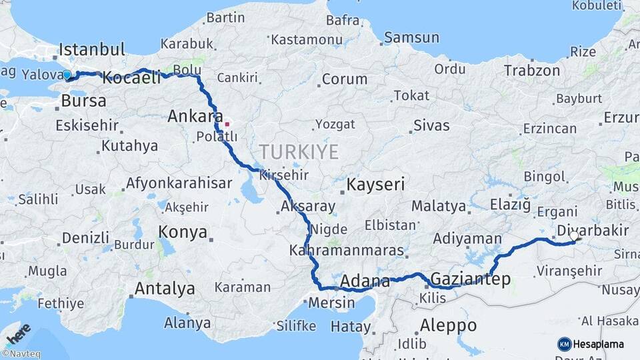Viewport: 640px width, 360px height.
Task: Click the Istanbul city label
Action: coord(92,49)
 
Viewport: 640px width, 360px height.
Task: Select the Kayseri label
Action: coord(376,184)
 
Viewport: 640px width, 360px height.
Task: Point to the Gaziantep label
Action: coord(471,279)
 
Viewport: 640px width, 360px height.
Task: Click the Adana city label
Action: coord(365,281)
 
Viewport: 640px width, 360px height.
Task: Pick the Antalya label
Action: coord(165,289)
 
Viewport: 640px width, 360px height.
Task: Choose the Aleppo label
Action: coord(449,325)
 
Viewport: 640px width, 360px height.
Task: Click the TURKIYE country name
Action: coord(299,152)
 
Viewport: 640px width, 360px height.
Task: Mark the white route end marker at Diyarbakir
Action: coord(574,236)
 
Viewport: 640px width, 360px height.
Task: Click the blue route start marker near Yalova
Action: coord(67,75)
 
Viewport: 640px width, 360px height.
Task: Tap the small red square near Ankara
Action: coord(227,123)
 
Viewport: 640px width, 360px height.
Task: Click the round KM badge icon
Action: coord(564,344)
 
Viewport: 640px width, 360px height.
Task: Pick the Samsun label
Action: coord(412,38)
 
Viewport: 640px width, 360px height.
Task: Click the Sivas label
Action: coord(431,125)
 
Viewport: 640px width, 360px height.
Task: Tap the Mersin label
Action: coord(331,302)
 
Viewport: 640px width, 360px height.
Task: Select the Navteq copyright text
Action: coord(21,354)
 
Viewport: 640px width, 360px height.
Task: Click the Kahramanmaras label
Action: coord(347,251)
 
